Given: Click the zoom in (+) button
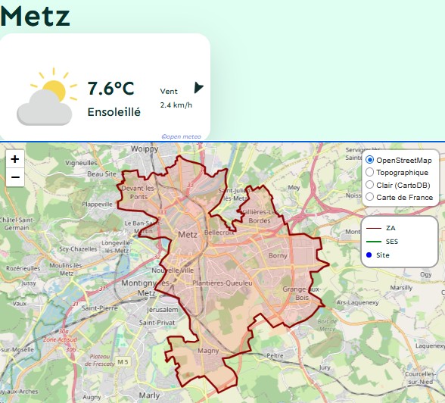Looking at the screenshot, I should (15, 159).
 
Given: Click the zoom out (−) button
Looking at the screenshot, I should (15, 178).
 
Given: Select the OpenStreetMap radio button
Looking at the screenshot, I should (369, 161).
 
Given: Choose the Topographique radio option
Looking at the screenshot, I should (369, 173).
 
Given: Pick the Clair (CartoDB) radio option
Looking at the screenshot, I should (369, 185).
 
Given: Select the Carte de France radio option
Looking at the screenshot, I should (369, 197).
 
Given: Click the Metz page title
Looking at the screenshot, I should (36, 15).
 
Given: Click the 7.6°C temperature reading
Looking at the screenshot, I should (110, 89).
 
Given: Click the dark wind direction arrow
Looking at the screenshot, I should (199, 88).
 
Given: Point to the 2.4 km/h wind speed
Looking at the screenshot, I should (176, 105).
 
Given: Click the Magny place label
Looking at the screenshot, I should (208, 351).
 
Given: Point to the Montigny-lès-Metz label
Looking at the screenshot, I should (138, 287).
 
